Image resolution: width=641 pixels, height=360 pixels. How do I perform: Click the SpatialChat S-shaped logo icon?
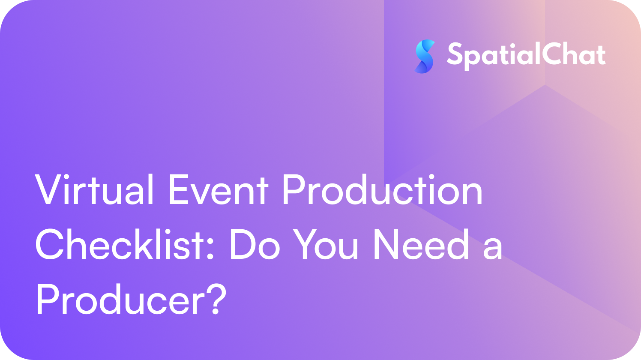click(x=425, y=57)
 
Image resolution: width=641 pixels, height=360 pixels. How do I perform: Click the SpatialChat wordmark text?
click(x=526, y=56)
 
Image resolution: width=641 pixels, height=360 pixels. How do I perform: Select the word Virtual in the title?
click(x=94, y=189)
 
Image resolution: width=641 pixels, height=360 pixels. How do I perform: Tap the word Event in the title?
click(x=219, y=190)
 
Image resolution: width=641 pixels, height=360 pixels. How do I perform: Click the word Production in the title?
click(x=383, y=189)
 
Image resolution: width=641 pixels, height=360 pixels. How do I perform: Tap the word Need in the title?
click(x=421, y=244)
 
